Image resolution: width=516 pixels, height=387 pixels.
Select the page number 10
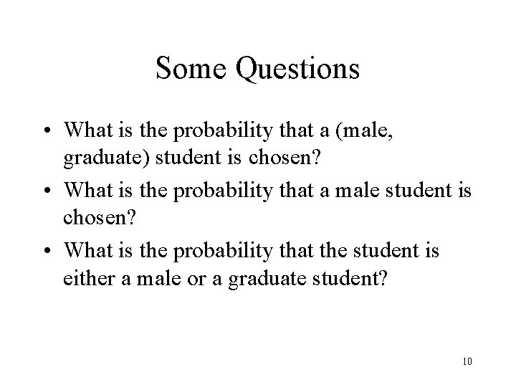click(467, 360)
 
